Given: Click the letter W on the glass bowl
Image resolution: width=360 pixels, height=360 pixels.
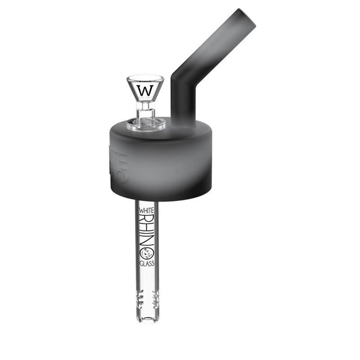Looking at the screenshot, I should point(145,90).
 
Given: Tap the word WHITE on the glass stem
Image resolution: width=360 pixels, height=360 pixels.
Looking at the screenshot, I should point(146,210).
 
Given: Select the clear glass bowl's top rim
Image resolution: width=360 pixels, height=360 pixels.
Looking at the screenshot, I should point(145,77).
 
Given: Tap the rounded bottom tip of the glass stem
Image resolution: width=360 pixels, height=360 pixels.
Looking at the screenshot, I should point(147,320).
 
